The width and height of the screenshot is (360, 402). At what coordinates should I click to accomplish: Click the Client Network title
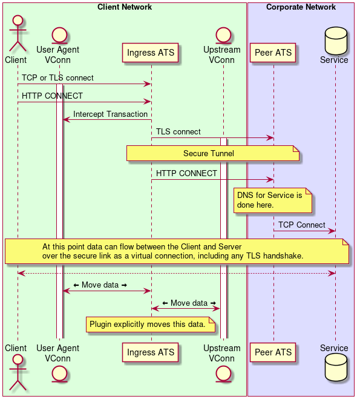pyautogui.click(x=125, y=7)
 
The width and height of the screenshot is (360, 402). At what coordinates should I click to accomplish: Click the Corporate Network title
pyautogui.click(x=301, y=7)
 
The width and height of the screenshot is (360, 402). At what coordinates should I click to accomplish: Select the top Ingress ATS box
pyautogui.click(x=151, y=53)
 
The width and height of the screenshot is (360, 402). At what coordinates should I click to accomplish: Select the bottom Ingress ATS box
pyautogui.click(x=151, y=352)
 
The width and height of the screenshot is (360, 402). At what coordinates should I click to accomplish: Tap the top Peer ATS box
pyautogui.click(x=273, y=53)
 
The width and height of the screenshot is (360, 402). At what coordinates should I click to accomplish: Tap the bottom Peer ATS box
pyautogui.click(x=273, y=352)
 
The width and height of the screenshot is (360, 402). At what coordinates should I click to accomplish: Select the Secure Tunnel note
pyautogui.click(x=213, y=154)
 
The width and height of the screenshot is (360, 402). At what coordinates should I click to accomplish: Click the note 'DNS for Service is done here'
pyautogui.click(x=273, y=200)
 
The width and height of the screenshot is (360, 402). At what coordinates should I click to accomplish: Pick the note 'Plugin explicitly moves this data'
pyautogui.click(x=151, y=325)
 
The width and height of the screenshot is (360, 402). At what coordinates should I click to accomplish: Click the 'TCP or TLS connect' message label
pyautogui.click(x=57, y=78)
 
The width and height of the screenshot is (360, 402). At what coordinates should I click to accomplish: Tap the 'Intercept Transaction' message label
pyautogui.click(x=110, y=114)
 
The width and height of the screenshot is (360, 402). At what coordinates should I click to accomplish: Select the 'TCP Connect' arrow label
pyautogui.click(x=301, y=225)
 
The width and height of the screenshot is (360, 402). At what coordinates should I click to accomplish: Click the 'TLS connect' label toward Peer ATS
pyautogui.click(x=178, y=131)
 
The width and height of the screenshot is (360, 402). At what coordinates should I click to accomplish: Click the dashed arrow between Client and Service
pyautogui.click(x=175, y=274)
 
